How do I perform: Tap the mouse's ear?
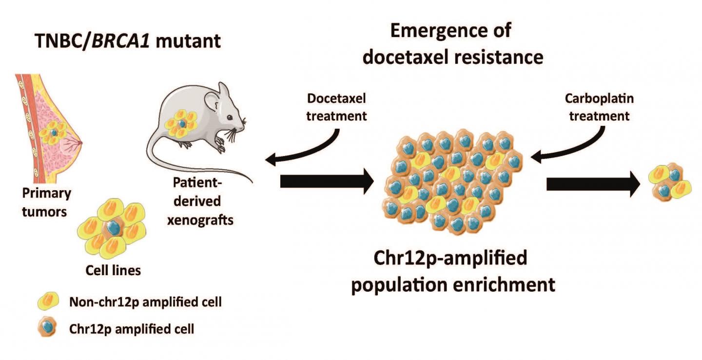[213, 101]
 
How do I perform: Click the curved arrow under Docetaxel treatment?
[312, 146]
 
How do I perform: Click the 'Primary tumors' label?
[46, 202]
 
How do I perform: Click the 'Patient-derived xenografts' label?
[199, 201]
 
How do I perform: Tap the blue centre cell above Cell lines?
[114, 227]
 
